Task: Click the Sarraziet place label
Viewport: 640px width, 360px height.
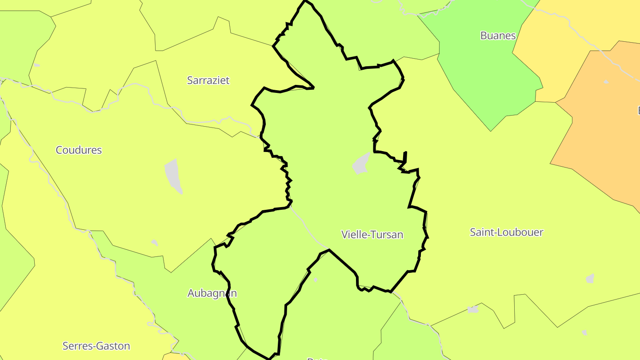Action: pyautogui.click(x=208, y=80)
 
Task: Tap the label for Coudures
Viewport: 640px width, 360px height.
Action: pyautogui.click(x=79, y=150)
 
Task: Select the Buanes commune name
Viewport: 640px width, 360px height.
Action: pyautogui.click(x=498, y=36)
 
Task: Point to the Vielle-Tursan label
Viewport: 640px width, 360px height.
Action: pyautogui.click(x=372, y=235)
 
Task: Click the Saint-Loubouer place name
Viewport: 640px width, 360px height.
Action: pyautogui.click(x=506, y=232)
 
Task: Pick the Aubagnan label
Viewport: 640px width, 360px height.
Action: pyautogui.click(x=212, y=293)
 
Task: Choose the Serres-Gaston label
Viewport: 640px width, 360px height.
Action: pyautogui.click(x=96, y=346)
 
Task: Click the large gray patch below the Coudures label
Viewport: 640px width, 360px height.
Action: pyautogui.click(x=174, y=176)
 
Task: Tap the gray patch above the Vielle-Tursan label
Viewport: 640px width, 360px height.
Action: pyautogui.click(x=361, y=164)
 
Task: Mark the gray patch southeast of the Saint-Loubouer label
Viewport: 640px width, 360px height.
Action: pyautogui.click(x=590, y=279)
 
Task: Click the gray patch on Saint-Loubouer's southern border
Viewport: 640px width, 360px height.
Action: pyautogui.click(x=473, y=309)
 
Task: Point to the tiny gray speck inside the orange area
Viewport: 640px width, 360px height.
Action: pyautogui.click(x=606, y=82)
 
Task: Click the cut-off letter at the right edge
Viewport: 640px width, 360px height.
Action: pyautogui.click(x=638, y=110)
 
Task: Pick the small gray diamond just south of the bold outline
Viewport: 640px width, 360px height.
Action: pyautogui.click(x=316, y=280)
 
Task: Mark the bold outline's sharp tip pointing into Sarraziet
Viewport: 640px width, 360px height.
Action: pyautogui.click(x=313, y=88)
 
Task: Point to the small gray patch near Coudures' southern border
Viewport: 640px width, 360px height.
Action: pyautogui.click(x=154, y=243)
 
